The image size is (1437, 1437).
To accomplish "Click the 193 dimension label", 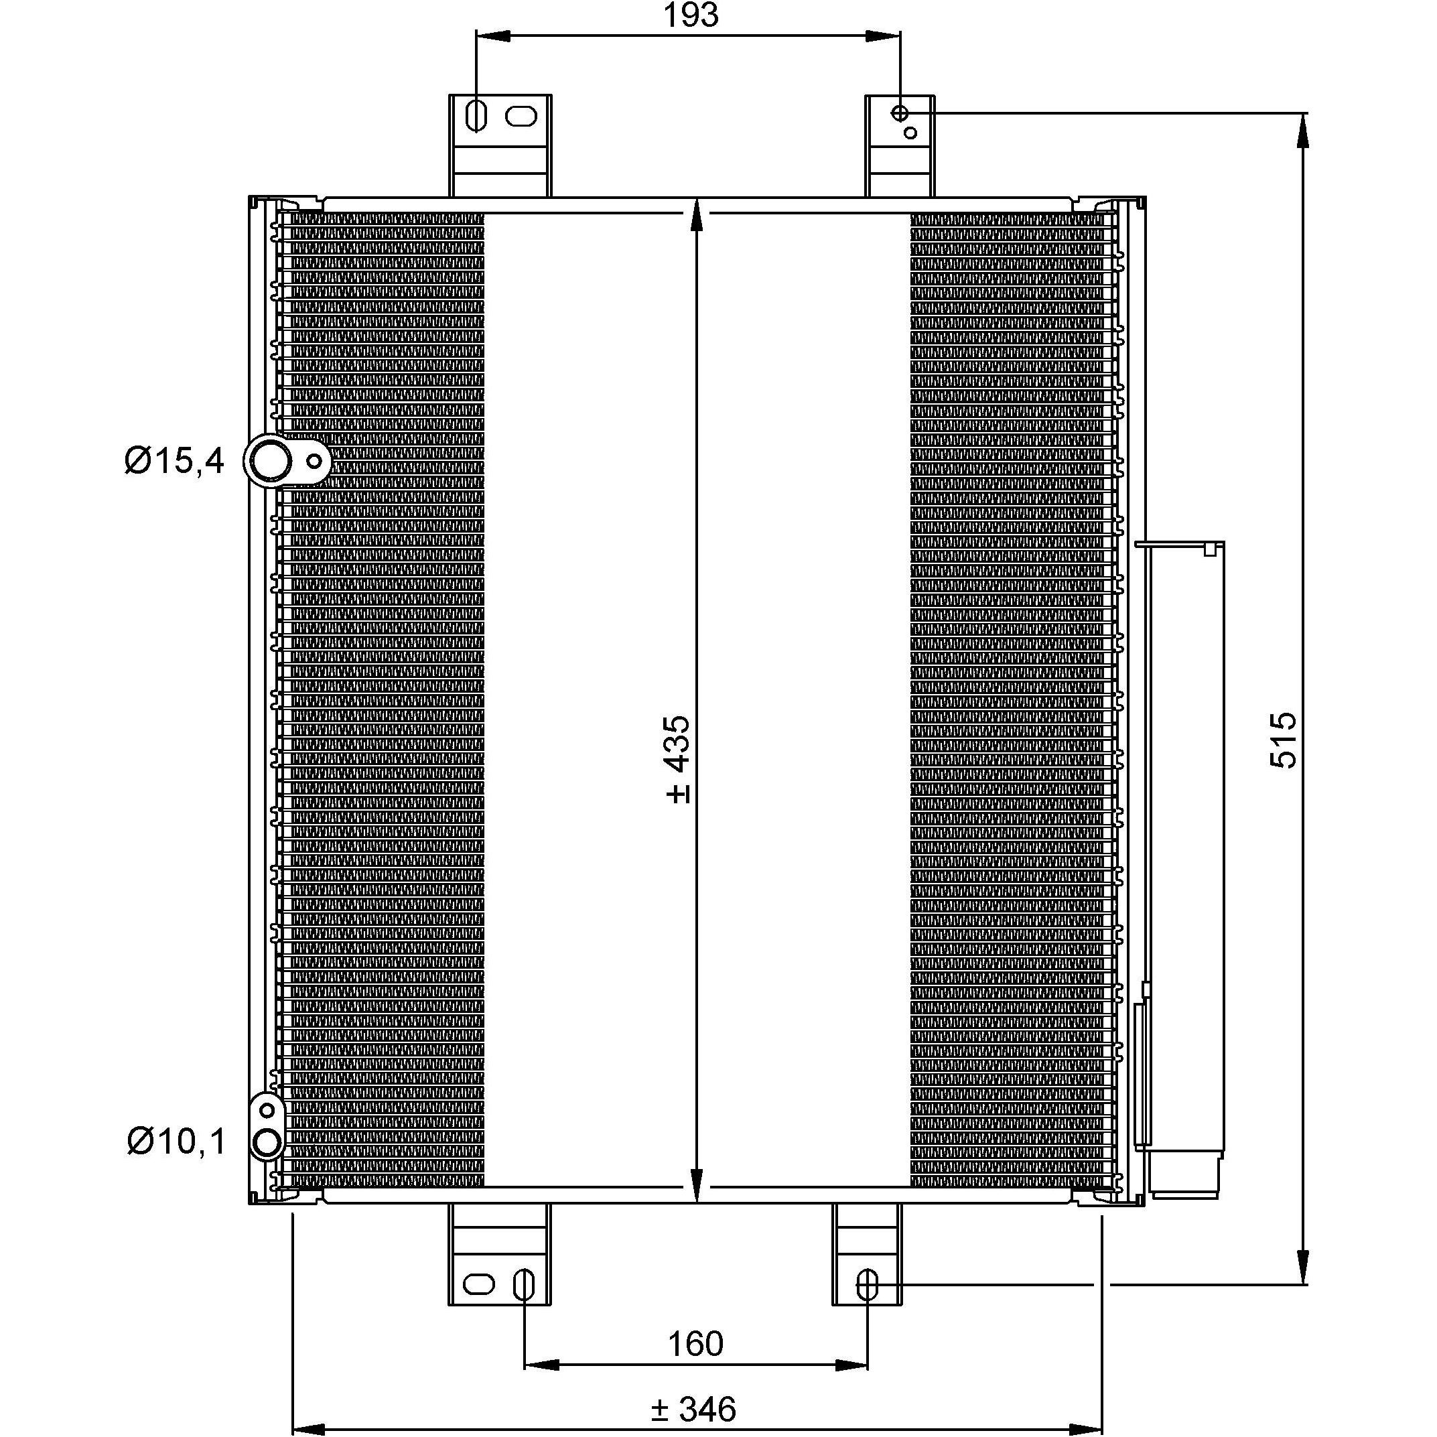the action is (x=691, y=15).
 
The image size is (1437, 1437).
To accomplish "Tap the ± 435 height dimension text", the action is (x=679, y=760).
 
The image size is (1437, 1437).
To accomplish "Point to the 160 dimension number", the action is (x=695, y=1344).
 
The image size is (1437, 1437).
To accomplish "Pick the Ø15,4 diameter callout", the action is (x=174, y=461).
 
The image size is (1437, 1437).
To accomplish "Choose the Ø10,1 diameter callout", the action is (x=176, y=1141).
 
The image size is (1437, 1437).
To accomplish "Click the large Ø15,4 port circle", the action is (x=269, y=462).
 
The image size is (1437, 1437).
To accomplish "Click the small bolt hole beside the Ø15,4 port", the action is (x=315, y=461).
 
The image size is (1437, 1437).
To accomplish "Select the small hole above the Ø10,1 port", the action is (x=268, y=1111).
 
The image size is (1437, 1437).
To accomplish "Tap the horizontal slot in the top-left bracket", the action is (x=520, y=117).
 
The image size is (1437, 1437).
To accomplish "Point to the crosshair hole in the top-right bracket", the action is (x=900, y=113).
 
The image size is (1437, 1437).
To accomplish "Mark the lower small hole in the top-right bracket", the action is (x=910, y=133).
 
